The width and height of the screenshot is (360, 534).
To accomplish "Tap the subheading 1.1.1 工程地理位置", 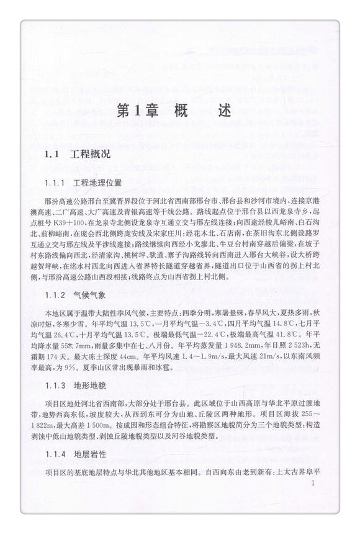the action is (x=84, y=184).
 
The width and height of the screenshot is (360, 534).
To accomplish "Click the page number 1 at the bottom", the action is (x=315, y=482).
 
